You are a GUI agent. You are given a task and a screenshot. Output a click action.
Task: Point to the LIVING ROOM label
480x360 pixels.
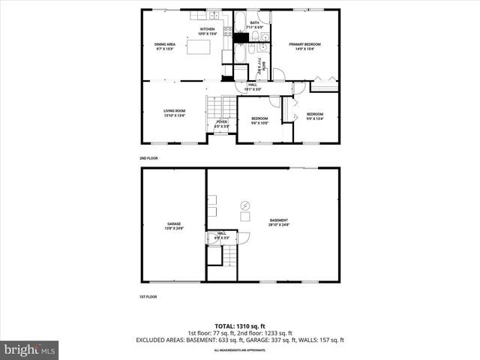pos(174,113)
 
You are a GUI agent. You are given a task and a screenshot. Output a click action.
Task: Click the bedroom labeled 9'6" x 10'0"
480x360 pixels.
pos(259,121)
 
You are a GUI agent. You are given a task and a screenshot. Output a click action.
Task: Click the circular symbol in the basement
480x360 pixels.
pos(244,205)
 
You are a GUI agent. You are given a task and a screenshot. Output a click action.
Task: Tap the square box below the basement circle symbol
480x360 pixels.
pos(245,217)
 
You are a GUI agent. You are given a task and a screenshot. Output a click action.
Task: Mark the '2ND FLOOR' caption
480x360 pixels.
pos(148,158)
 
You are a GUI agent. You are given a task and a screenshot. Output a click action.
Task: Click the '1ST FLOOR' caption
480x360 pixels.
pos(148,297)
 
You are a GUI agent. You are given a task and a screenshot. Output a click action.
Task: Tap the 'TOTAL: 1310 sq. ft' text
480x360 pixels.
pos(239,325)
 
